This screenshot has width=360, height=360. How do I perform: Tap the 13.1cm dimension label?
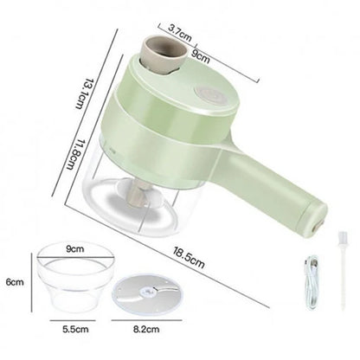(84, 93)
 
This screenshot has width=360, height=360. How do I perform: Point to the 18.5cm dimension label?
(189, 257)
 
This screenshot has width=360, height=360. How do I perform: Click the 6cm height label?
(15, 282)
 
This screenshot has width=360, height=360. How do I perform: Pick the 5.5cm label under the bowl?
(75, 329)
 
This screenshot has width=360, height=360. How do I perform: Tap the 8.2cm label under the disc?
(146, 329)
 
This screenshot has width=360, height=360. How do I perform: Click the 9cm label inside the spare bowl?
(75, 248)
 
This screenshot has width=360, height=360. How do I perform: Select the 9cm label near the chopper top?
(201, 55)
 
